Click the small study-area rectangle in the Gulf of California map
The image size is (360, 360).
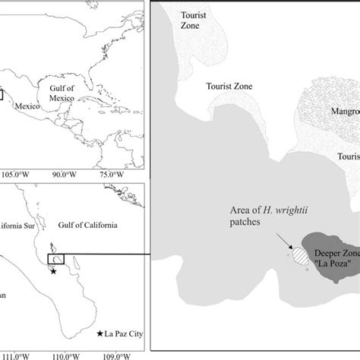pos(56,259)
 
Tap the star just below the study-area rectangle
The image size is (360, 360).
pos(52,271)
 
